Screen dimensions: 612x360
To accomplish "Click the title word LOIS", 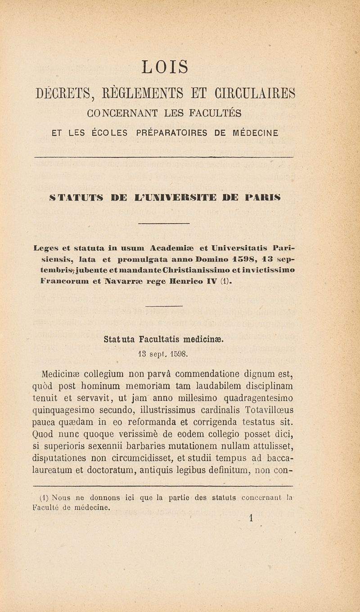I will point(165,67).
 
